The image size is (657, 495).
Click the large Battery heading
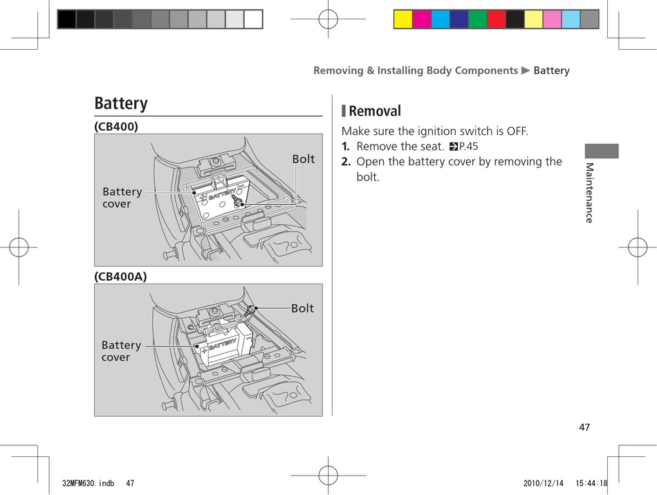(121, 104)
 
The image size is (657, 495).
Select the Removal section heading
(374, 111)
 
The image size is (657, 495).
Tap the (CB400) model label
(116, 127)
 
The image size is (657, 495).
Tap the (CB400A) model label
(120, 277)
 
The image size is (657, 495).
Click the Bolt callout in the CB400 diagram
(303, 159)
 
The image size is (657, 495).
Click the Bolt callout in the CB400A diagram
(302, 308)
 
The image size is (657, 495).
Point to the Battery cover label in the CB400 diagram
(122, 198)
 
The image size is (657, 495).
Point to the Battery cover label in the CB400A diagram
(121, 351)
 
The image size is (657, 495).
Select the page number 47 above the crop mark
(584, 427)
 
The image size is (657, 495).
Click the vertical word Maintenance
(589, 193)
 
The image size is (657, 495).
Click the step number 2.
(346, 162)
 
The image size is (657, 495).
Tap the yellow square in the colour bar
(402, 19)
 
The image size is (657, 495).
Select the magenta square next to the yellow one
(422, 19)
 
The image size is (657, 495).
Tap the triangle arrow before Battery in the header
(526, 71)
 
